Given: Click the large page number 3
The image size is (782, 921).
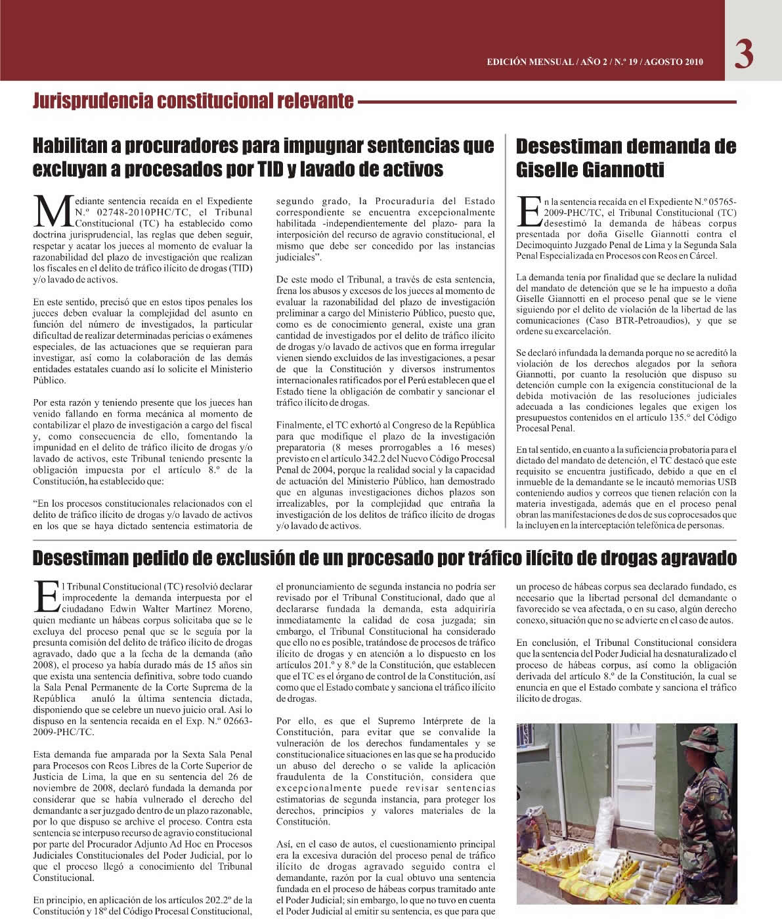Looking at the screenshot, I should [x=743, y=54].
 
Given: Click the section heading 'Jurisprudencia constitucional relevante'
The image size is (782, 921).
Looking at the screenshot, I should [x=193, y=101].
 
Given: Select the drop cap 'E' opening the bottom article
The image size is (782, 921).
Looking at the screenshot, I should [x=46, y=594].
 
